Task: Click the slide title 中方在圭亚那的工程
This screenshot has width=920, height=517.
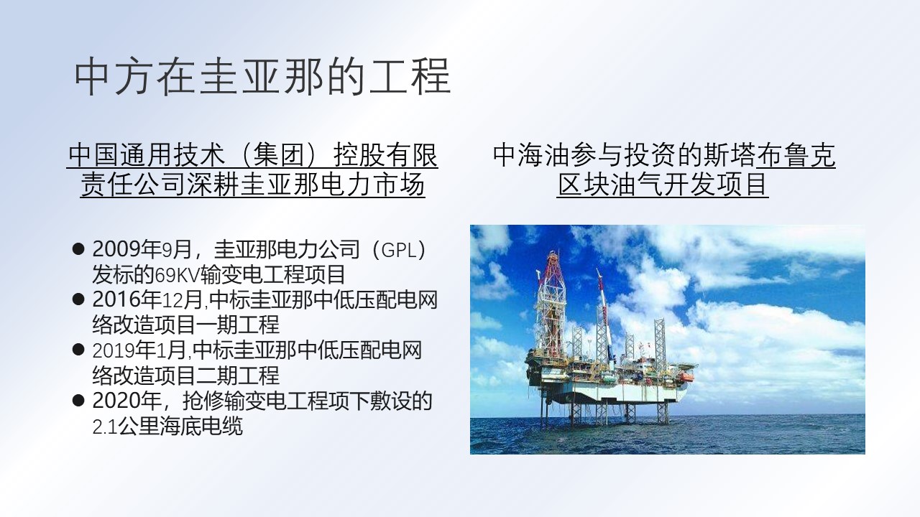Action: pos(263,77)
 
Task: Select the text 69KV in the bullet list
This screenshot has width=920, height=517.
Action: pos(177,275)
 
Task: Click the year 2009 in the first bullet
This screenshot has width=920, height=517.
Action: pos(116,249)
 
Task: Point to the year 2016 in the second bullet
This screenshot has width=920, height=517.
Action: pos(116,299)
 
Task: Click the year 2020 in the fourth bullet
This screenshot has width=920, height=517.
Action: pos(116,401)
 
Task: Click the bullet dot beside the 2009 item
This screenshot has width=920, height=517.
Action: pos(78,249)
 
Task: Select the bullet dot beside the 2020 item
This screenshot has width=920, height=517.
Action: pos(78,401)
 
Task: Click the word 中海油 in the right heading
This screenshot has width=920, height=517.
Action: pos(532,156)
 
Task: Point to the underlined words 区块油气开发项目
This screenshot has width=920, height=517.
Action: pos(663,185)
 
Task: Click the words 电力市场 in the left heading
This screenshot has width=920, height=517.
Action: pos(372,185)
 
